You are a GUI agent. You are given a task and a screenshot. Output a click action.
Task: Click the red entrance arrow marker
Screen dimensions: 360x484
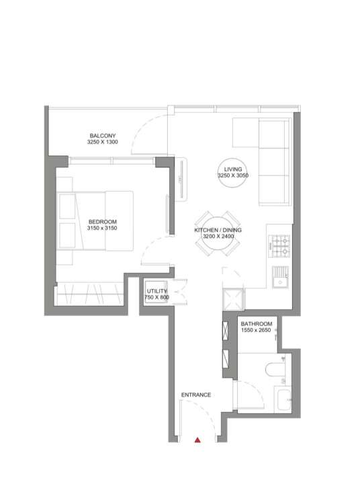click(x=197, y=440)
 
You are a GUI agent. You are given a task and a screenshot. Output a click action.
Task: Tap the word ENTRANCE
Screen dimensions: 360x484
click(x=196, y=395)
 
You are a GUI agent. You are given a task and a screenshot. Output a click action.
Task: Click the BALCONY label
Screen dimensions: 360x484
click(x=103, y=136)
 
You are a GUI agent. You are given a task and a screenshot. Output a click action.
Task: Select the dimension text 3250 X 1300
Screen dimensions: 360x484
click(x=102, y=142)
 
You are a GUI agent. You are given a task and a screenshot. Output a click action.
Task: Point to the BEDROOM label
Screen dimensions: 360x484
click(x=102, y=222)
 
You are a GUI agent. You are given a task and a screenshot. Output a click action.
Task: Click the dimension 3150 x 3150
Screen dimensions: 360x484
click(x=102, y=228)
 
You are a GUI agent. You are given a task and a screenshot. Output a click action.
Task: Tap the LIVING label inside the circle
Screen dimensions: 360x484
click(x=233, y=169)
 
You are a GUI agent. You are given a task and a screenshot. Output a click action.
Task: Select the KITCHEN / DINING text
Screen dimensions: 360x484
click(x=218, y=230)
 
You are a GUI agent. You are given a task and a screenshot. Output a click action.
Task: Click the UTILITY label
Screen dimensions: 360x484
click(x=156, y=291)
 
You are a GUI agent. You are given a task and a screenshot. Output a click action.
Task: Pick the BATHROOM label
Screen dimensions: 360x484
click(x=257, y=324)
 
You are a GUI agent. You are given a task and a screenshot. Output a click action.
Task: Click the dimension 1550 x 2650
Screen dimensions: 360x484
click(x=256, y=330)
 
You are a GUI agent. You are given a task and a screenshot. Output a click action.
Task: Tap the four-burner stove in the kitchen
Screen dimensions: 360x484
click(x=279, y=246)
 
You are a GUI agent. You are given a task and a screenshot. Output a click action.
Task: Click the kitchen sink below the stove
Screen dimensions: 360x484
click(x=281, y=277)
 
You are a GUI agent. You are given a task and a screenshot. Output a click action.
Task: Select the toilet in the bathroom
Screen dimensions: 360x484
click(x=275, y=369)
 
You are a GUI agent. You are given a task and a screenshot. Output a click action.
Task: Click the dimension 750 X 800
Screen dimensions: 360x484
click(x=156, y=298)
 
